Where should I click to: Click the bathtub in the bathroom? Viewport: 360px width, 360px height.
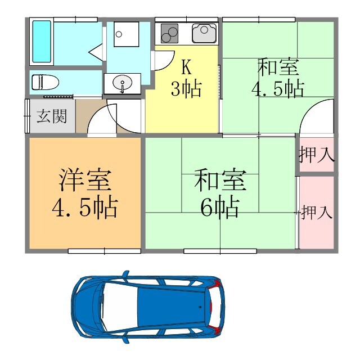point(42,42)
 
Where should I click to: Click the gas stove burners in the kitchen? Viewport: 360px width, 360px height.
point(170,34)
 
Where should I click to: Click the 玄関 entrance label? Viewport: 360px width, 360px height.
point(52,116)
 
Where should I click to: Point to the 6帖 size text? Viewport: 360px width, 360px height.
point(219,207)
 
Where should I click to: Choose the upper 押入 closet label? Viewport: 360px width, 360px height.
point(317,154)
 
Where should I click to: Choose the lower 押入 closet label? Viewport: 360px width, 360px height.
point(317,213)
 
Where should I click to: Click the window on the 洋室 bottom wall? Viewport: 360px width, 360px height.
point(96,251)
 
